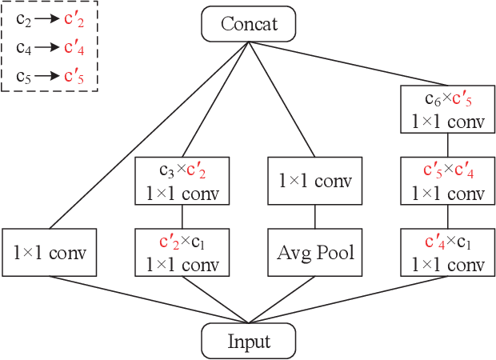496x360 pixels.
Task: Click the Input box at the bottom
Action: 249,342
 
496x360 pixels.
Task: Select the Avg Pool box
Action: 315,253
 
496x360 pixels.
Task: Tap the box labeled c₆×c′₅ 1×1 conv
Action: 447,110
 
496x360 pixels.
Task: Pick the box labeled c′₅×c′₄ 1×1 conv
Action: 447,182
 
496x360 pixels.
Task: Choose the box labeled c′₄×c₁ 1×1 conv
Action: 447,253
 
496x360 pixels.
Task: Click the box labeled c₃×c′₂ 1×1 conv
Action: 182,182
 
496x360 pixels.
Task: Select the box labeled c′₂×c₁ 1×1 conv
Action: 182,253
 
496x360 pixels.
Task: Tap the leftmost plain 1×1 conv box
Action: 50,253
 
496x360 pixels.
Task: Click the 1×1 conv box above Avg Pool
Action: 315,182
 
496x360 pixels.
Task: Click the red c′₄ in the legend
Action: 74,47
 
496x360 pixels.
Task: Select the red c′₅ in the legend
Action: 74,77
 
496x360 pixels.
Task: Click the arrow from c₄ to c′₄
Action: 48,47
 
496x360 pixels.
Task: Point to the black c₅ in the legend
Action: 24,77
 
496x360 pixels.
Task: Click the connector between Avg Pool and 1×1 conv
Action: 315,217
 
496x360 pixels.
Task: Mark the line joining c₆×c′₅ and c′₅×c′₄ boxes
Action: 447,146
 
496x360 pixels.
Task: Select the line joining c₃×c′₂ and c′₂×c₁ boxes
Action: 182,217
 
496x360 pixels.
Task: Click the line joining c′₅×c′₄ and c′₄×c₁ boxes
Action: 447,217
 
